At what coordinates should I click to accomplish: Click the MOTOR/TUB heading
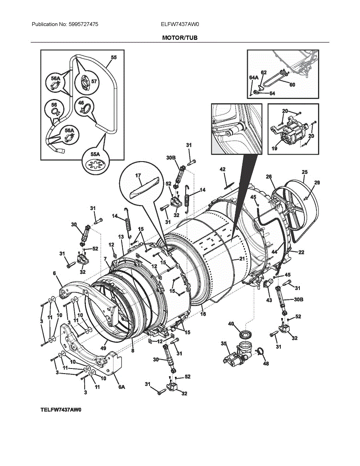point(180,38)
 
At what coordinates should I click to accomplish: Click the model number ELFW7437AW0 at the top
point(180,24)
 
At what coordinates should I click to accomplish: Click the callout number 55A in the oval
point(95,155)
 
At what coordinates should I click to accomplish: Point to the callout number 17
point(138,176)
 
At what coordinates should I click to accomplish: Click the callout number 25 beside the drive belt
point(304,172)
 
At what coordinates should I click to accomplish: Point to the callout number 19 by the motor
point(274,148)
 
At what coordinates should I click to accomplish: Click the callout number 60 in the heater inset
point(292,84)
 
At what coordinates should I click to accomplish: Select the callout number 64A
point(253,78)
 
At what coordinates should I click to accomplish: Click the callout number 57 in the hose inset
point(94,82)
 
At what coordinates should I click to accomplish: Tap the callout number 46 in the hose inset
point(81,103)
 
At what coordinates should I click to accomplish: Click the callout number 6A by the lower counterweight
point(122,387)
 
